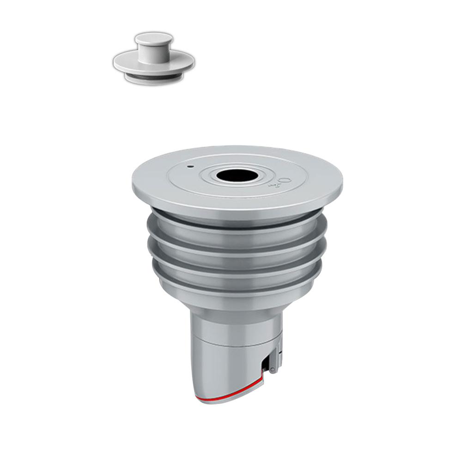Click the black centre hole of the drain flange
click(236, 175)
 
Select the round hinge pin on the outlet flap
click(272, 370)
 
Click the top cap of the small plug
click(154, 38)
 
